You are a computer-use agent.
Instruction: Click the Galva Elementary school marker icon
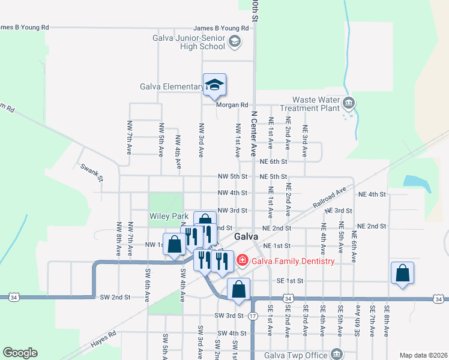214,85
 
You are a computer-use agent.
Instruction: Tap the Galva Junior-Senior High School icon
234,41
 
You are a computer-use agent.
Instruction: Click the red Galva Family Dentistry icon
243,260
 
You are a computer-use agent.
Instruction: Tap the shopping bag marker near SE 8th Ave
402,273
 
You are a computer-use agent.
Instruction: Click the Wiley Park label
169,216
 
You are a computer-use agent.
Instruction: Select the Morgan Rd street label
232,105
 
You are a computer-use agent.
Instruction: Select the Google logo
20,353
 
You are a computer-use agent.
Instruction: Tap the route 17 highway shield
253,316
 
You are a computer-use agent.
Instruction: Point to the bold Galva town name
246,236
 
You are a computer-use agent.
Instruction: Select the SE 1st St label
291,281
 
